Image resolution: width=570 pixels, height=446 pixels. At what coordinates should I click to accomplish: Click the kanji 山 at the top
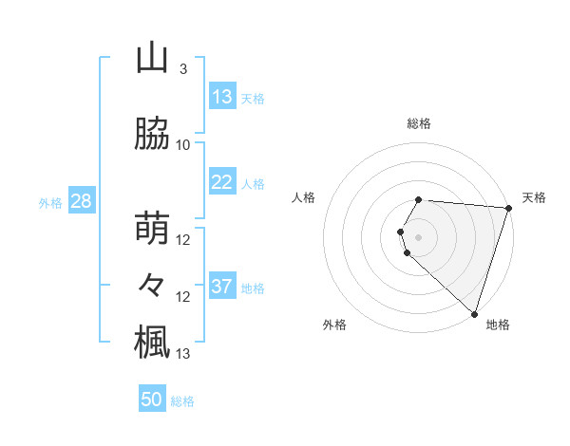pos(152,59)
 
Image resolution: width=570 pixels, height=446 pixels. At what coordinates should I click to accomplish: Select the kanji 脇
pos(152,135)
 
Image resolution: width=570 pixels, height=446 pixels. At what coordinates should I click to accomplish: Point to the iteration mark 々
pos(152,285)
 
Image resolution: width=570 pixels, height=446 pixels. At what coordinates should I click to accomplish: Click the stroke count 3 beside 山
pos(183,69)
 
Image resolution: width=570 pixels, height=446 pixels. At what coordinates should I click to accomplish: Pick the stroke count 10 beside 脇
pos(183,145)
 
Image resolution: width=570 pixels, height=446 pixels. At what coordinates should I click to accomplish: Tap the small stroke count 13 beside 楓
pos(183,354)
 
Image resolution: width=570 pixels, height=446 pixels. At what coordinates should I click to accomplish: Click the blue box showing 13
pos(221,97)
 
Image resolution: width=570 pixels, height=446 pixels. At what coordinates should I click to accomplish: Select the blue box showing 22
pos(221,182)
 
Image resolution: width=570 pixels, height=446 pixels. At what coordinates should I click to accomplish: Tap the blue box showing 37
pos(221,287)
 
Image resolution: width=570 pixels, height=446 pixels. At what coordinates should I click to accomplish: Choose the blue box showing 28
pos(81,201)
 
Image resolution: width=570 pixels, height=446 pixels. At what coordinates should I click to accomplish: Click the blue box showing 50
pos(152,400)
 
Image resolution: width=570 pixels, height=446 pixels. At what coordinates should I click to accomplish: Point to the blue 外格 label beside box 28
pos(50,202)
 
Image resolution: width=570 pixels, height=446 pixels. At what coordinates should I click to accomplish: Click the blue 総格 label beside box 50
pos(182,401)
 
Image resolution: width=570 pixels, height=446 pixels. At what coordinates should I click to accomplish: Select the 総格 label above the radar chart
pos(419,123)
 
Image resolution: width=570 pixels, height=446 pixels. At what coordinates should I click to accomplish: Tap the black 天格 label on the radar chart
pos(534,197)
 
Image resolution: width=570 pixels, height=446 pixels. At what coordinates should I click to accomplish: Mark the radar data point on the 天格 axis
pos(508,208)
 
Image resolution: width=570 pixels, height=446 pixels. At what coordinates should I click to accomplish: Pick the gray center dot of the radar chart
pos(419,235)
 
